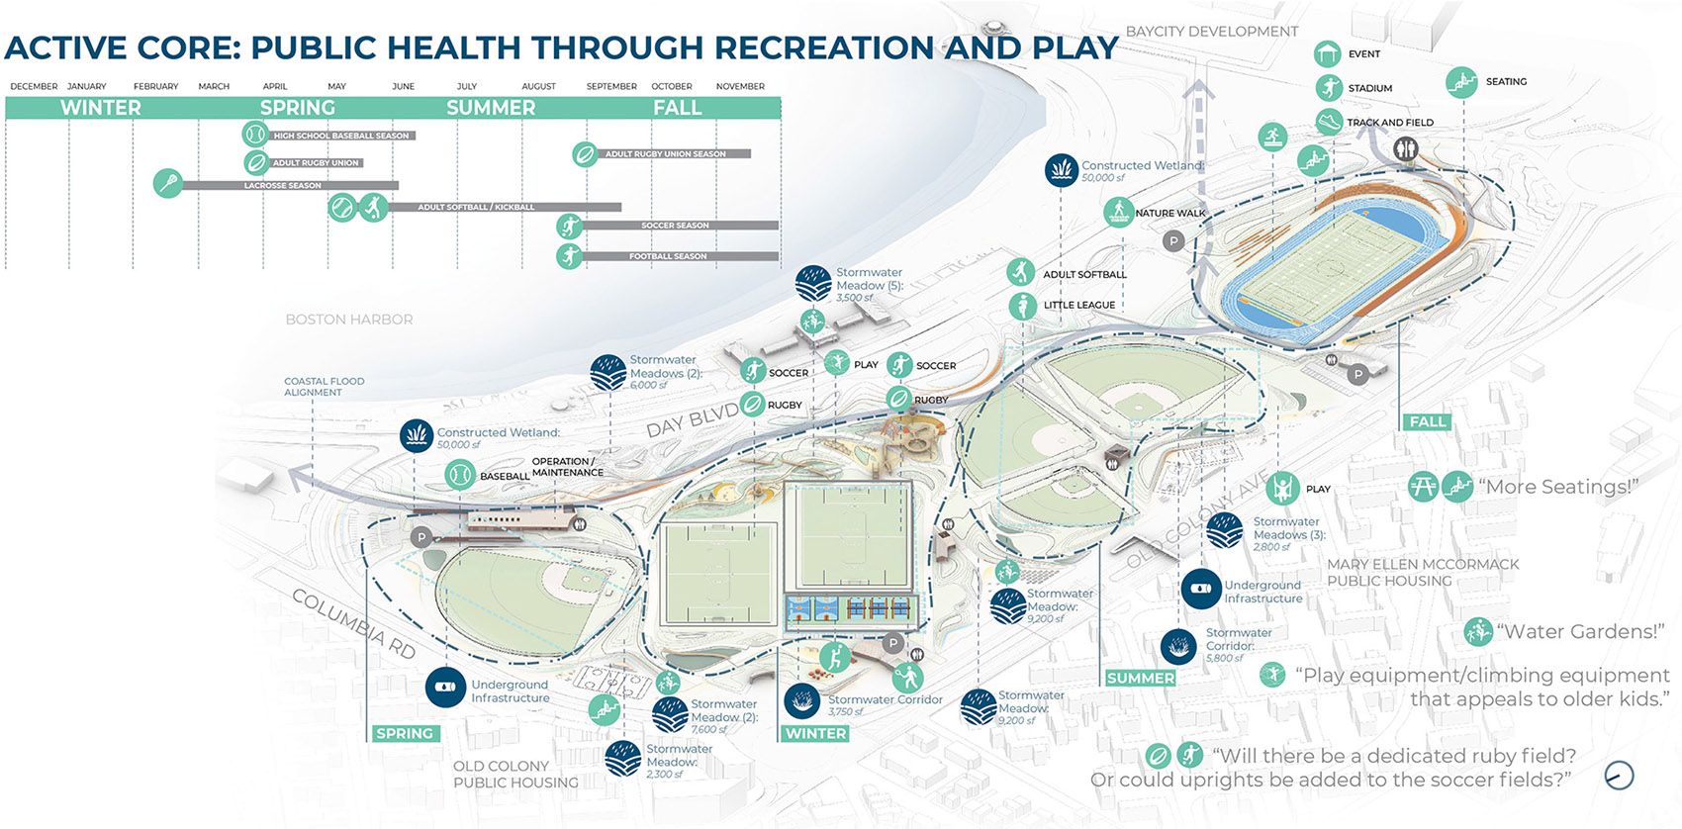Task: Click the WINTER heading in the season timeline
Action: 100,108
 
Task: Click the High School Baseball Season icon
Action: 254,134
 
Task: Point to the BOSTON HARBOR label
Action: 348,320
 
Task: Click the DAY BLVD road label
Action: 692,420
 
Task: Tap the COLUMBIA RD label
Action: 353,624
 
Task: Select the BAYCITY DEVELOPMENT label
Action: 1211,32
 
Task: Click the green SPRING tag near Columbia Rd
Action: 405,733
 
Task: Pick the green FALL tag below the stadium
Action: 1427,421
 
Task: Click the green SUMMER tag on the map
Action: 1140,678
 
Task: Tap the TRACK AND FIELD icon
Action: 1329,122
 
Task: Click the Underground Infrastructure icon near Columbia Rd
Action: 445,687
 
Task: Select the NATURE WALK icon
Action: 1118,212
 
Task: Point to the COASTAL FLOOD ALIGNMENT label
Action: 324,387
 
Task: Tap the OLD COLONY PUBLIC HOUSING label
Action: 514,774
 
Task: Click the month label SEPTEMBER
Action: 611,86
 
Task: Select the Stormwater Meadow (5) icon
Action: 813,284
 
